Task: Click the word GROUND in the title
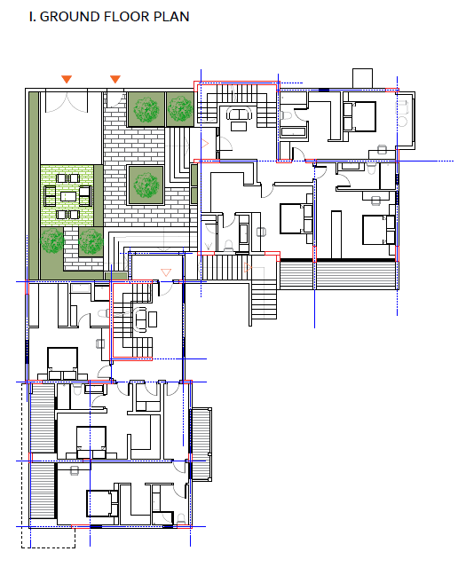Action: coord(70,17)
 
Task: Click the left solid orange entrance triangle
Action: coord(67,79)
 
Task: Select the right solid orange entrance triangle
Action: coord(115,79)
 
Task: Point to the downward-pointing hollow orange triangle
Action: coord(166,272)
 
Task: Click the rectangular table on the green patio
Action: coord(68,197)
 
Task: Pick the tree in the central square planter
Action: coord(146,185)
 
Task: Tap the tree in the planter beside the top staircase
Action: coord(180,109)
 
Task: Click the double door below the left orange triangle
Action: coord(67,102)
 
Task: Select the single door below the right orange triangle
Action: coord(114,99)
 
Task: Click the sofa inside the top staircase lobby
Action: coord(239,113)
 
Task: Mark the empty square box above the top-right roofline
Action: coord(362,78)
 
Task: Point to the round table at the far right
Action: coord(403,122)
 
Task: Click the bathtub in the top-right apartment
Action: coord(294,132)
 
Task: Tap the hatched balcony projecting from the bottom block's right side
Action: coord(201,444)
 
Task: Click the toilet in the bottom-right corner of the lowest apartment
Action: coord(180,519)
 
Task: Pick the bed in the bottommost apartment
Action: coord(102,503)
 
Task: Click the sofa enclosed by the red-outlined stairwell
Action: coord(141,319)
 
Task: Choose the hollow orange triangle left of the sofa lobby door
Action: coord(205,144)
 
